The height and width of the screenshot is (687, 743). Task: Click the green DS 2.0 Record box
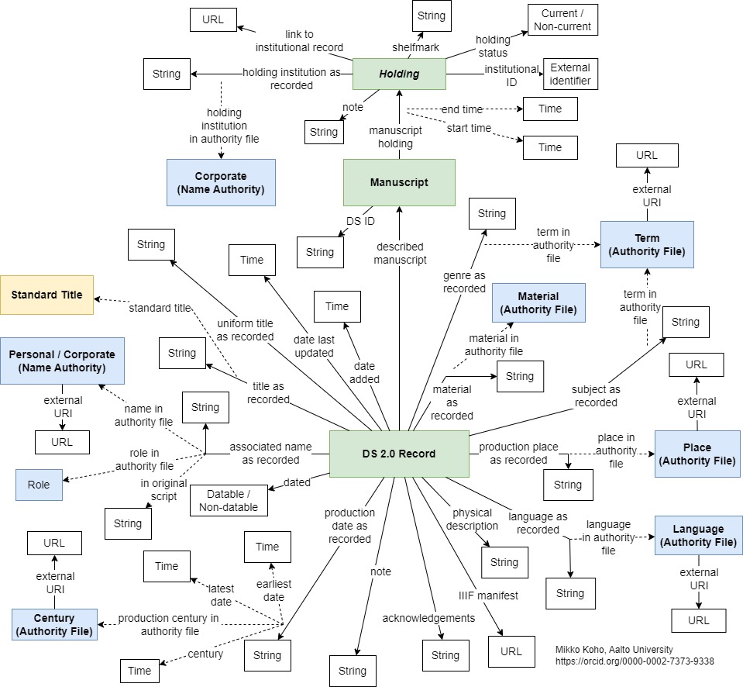click(399, 454)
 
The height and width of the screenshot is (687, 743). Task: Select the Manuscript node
click(399, 183)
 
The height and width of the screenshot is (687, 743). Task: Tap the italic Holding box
click(398, 74)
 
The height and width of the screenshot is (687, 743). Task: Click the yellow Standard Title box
click(46, 295)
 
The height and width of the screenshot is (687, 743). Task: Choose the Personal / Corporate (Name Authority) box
click(61, 361)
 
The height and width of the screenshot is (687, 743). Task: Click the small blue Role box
click(39, 485)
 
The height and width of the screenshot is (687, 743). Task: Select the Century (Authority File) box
click(54, 624)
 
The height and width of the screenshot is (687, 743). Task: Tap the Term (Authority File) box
click(647, 245)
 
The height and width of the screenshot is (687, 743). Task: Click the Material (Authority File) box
click(538, 303)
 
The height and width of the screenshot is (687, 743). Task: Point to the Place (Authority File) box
click(697, 454)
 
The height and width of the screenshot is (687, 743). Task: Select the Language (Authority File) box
click(698, 536)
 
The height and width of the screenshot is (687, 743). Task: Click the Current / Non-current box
click(562, 20)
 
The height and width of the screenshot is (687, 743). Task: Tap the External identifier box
click(570, 74)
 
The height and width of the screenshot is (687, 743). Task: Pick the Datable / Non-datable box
click(229, 501)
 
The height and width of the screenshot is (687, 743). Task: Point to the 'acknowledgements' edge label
click(428, 618)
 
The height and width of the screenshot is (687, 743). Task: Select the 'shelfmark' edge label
click(415, 47)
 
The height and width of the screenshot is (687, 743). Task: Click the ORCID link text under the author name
click(635, 661)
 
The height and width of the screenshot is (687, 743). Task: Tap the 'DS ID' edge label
click(359, 222)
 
